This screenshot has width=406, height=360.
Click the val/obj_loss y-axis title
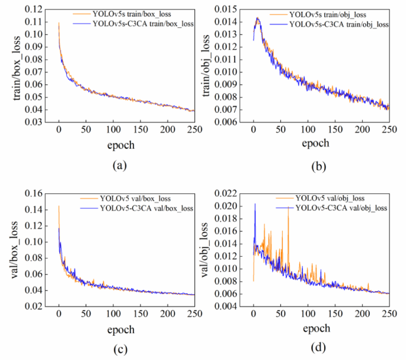coord(205,249)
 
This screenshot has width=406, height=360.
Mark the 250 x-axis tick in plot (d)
coord(389,313)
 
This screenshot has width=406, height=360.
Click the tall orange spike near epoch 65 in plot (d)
coord(288,209)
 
